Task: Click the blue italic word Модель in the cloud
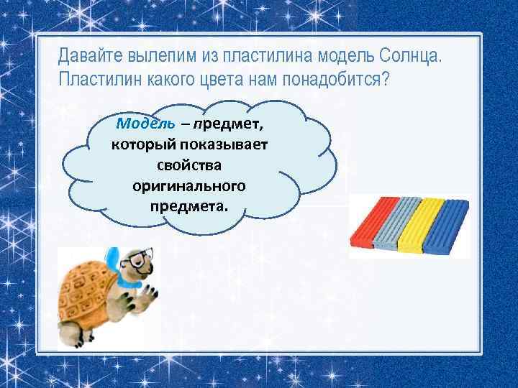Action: point(145,123)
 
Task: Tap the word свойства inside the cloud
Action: point(188,165)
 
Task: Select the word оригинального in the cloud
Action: point(188,186)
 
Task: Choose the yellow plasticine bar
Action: point(421,225)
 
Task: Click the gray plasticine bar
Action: point(394,223)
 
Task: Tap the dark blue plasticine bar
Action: point(447,226)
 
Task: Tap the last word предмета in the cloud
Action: point(188,207)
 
